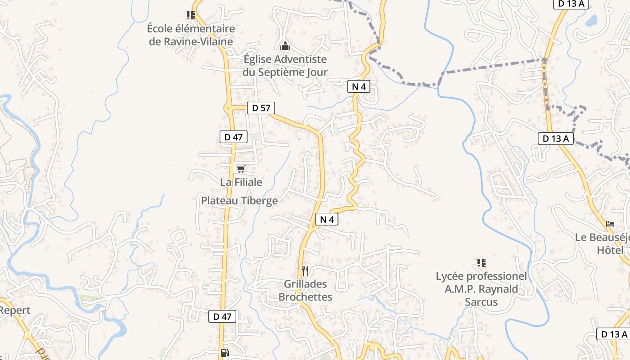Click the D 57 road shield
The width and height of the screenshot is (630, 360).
[261, 108]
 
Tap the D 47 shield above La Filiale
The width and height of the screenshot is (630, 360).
[234, 137]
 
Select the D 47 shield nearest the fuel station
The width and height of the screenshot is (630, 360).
[222, 316]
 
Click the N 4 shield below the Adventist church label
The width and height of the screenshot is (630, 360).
[359, 86]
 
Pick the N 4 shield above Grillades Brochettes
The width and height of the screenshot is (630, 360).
[327, 220]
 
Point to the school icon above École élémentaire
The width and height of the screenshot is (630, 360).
[191, 15]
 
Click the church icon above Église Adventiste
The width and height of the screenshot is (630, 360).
[285, 46]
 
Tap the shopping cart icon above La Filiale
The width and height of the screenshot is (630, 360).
[241, 169]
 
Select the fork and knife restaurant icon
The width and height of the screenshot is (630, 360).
[305, 270]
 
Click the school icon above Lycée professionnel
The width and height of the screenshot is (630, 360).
[481, 262]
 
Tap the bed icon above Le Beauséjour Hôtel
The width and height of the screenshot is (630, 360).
[610, 224]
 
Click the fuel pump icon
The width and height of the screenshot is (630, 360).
[224, 353]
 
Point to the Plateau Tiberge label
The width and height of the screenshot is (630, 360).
[239, 201]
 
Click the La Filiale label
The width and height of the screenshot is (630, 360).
[241, 182]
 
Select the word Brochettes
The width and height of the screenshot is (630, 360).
[305, 297]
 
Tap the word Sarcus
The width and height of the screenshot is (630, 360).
[481, 302]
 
